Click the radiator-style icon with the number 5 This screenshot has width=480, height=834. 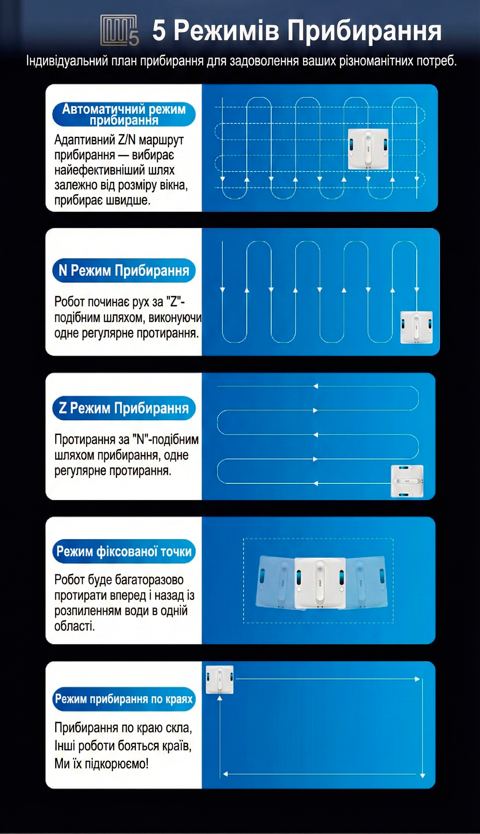tap(119, 30)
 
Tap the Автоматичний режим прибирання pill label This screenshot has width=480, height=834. tap(124, 114)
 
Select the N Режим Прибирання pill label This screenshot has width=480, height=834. tap(124, 270)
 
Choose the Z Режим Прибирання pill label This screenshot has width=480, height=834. tap(124, 408)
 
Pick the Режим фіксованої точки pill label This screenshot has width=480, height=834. tap(124, 551)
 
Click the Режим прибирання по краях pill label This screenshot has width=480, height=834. tap(124, 699)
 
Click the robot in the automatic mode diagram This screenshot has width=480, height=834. tap(368, 149)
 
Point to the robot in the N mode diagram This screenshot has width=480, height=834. tap(416, 327)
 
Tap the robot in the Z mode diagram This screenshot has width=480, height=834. tap(407, 481)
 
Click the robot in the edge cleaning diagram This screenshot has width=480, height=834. tap(219, 679)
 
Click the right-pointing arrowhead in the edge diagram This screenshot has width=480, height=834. tap(417, 679)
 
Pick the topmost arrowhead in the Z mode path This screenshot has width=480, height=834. tap(316, 386)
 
